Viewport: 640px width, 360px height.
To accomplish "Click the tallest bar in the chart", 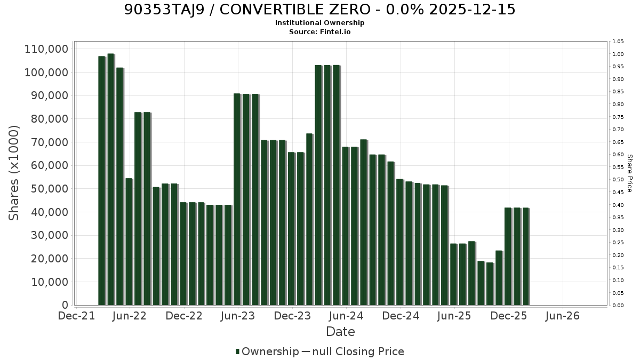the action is (111, 179).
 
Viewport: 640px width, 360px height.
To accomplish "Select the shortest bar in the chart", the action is (490, 284).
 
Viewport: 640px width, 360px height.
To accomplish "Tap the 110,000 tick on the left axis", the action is (46, 49).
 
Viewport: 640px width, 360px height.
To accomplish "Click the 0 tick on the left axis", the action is (65, 305).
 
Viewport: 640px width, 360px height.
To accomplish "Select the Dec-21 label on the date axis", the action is (76, 316).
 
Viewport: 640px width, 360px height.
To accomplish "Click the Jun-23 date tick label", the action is (238, 316).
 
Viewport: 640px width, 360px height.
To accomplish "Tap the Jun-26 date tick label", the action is (562, 316).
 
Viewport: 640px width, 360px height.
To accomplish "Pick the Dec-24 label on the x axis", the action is (401, 316).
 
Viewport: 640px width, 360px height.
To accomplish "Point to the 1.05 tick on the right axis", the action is (618, 42).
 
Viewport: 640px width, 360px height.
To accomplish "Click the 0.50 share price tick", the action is (618, 180).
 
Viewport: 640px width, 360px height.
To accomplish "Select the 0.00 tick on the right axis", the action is (618, 306).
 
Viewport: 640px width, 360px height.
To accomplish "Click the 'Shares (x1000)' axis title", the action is (14, 173).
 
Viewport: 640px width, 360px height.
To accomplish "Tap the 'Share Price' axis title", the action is (630, 173).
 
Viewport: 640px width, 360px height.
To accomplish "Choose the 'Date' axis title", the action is (340, 332).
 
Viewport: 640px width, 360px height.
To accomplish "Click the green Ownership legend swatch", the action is (237, 351).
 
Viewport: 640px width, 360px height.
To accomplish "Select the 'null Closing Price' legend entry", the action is (358, 351).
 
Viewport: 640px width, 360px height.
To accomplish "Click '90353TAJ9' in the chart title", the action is (165, 10).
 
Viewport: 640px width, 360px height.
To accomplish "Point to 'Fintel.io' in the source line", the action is (335, 31).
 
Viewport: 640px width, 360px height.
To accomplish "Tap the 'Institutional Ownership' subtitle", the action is (319, 22).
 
